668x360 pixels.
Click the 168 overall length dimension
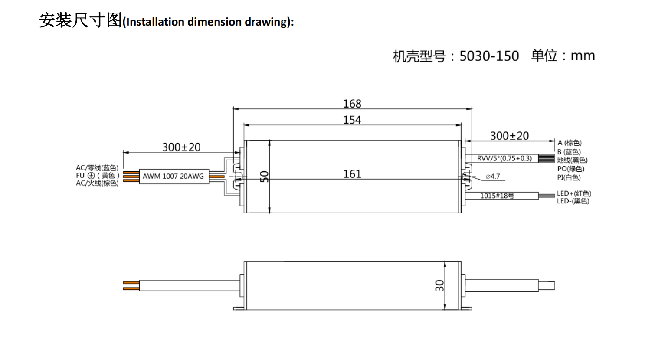click(352, 104)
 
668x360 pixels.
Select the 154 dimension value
click(352, 120)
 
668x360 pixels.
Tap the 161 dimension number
click(352, 174)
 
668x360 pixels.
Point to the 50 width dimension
click(264, 176)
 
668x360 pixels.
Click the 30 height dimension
click(439, 285)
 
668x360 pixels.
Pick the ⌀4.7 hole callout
click(493, 177)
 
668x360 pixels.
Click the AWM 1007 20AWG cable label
click(173, 176)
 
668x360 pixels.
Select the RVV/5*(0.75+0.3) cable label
click(504, 158)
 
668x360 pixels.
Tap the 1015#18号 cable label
click(497, 196)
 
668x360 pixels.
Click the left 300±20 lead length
click(181, 147)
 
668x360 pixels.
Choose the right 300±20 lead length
click(509, 136)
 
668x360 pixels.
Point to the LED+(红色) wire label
click(574, 193)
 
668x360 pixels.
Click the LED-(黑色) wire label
click(573, 201)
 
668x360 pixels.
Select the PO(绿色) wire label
click(571, 169)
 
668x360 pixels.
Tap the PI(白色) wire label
click(569, 177)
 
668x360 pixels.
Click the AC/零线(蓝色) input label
click(97, 168)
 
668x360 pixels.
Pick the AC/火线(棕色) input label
click(97, 183)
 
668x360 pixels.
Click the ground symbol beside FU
click(91, 176)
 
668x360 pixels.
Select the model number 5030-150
click(489, 56)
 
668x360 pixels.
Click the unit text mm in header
click(583, 56)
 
